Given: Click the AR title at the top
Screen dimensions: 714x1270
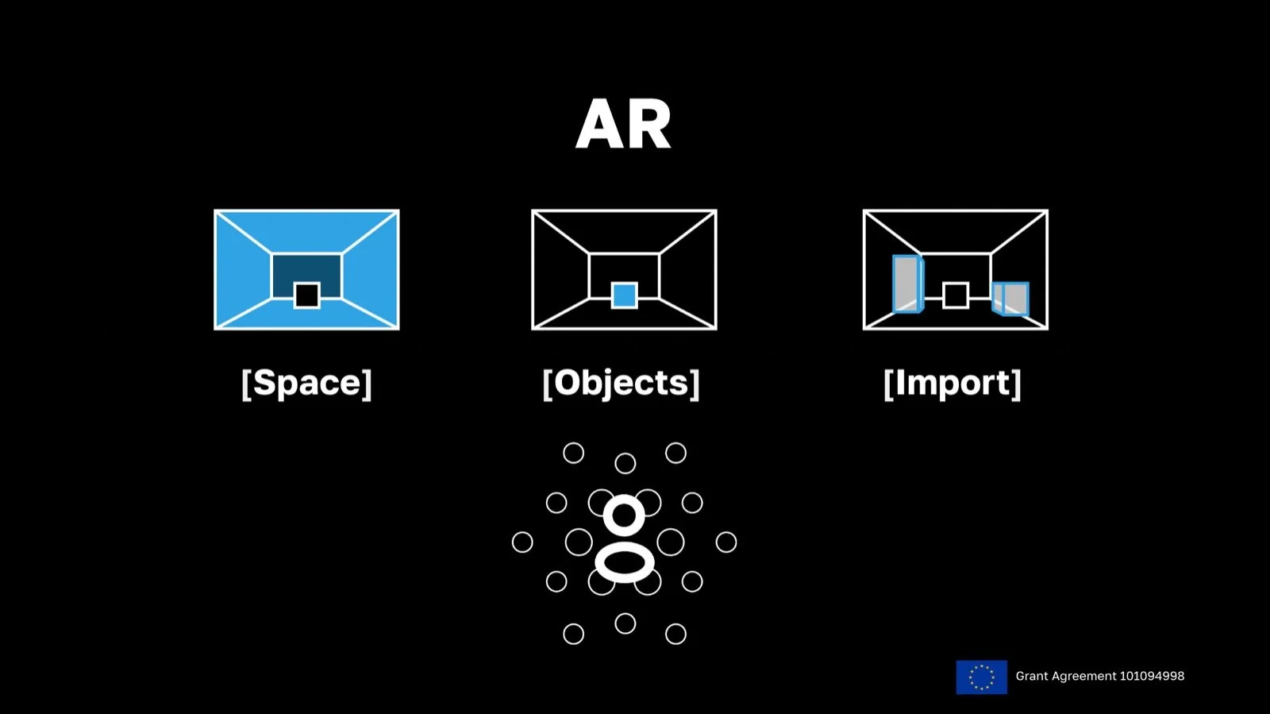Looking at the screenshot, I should click(624, 125).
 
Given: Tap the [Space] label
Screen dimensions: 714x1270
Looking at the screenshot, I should click(306, 383).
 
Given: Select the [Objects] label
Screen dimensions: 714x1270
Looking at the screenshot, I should click(621, 383).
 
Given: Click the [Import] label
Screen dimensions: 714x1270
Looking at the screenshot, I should click(952, 383).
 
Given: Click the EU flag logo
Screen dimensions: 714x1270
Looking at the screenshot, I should click(981, 677).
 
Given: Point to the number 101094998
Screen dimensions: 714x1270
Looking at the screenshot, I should click(1152, 676).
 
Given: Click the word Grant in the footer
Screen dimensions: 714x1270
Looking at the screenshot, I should click(1032, 676).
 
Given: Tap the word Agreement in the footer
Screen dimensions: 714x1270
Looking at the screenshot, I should click(1077, 676).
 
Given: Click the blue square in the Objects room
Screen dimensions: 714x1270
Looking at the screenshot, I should click(624, 295).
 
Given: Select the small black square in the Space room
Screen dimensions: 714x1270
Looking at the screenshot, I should click(306, 295).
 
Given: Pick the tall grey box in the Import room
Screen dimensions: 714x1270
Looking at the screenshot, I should click(906, 284).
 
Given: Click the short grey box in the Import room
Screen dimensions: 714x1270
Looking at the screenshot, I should click(1012, 299).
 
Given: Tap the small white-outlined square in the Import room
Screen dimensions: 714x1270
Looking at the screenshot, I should click(956, 295).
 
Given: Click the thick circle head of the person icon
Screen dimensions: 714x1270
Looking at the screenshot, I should click(624, 515).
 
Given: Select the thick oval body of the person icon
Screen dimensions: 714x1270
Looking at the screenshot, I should click(625, 562).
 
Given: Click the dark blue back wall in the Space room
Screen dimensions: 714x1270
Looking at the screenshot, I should click(306, 268).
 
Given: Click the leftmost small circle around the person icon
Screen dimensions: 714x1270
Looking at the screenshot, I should click(522, 542).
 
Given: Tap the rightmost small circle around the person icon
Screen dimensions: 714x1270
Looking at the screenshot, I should click(726, 542).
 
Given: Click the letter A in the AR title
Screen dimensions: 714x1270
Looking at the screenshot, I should click(600, 125).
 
